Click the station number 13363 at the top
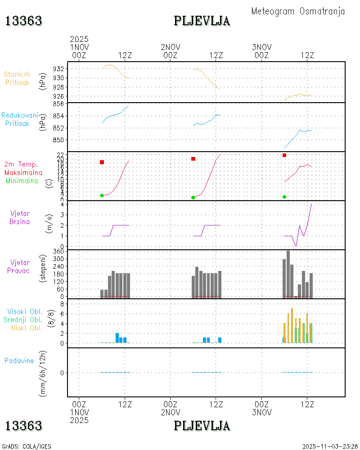click(x=24, y=21)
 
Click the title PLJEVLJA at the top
click(x=202, y=21)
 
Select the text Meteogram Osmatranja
click(x=298, y=11)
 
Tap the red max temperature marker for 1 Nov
click(x=102, y=162)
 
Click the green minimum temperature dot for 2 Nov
click(x=193, y=198)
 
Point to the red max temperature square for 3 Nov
click(x=284, y=155)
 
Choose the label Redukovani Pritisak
click(x=19, y=119)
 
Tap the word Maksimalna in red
click(x=23, y=172)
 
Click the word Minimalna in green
click(x=23, y=180)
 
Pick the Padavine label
click(x=19, y=360)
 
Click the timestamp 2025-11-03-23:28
click(x=330, y=446)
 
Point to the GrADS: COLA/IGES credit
click(x=27, y=446)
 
